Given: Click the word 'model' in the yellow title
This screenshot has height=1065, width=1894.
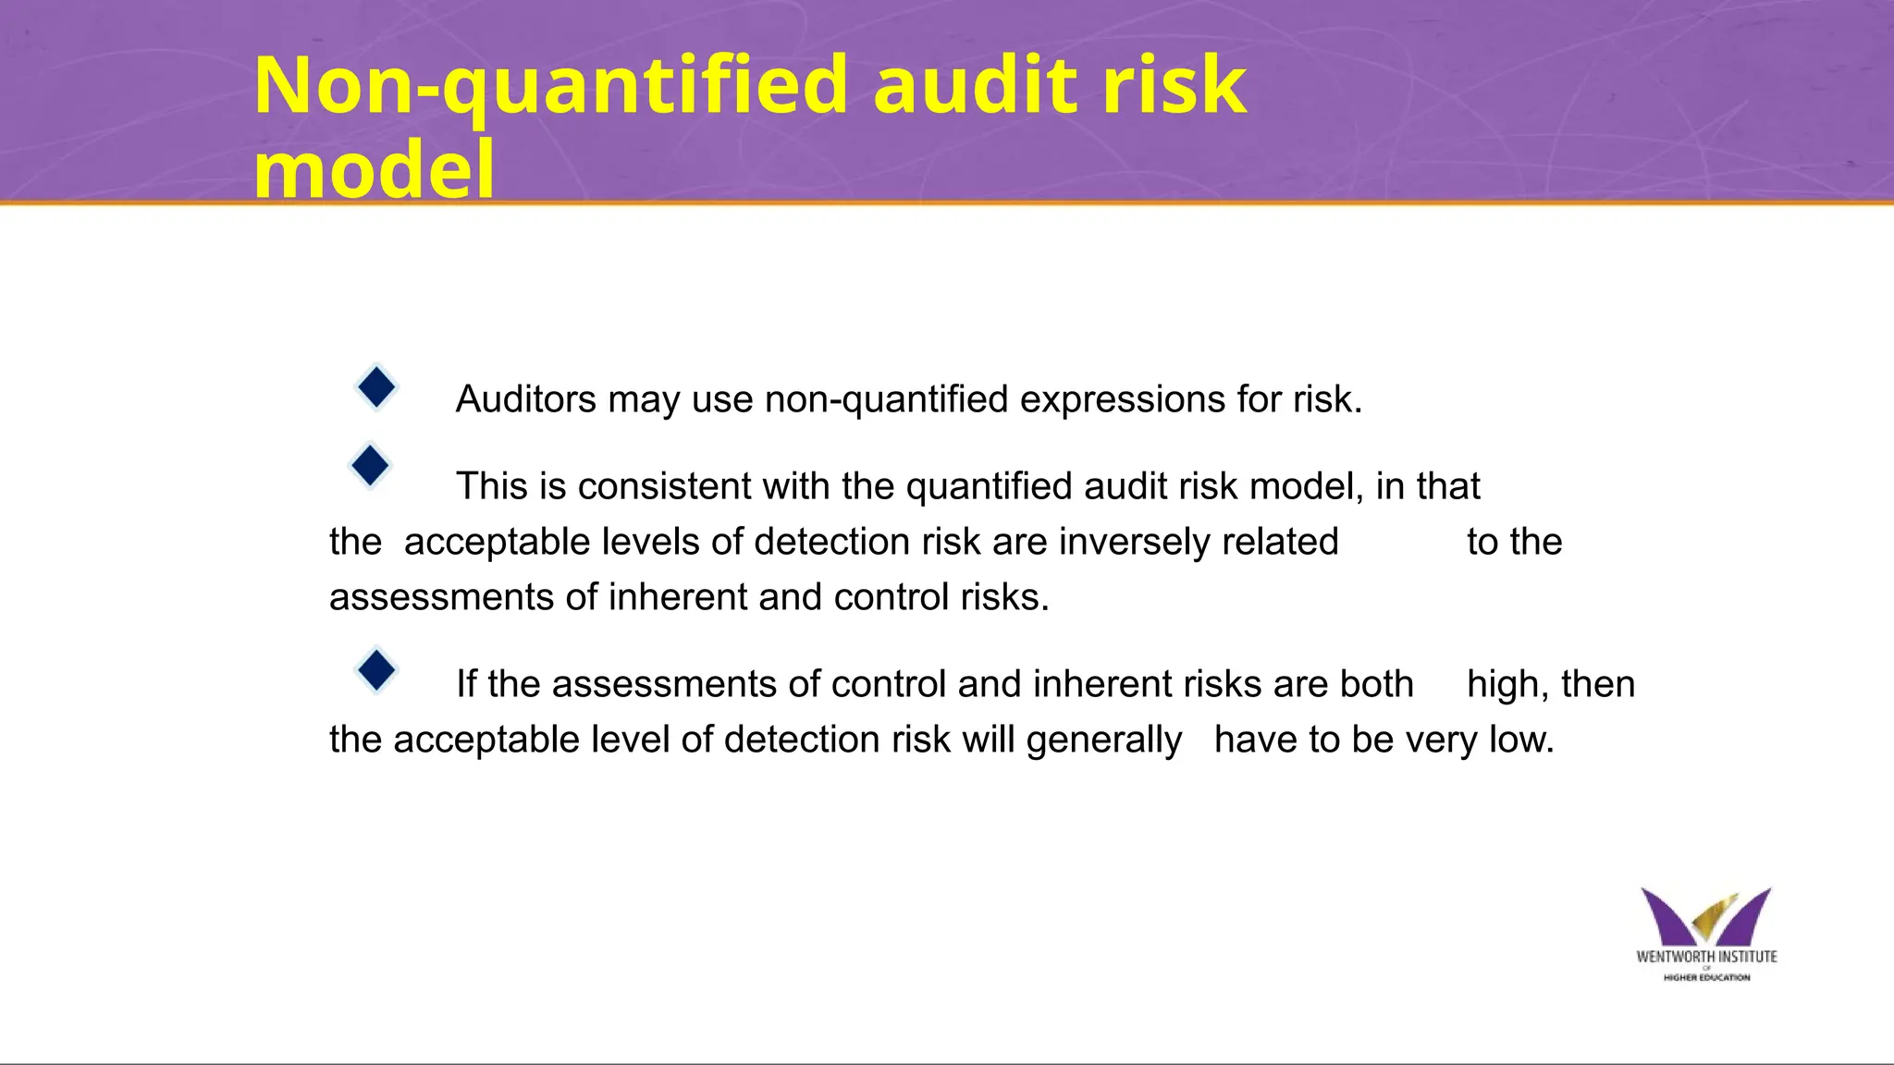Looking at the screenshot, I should point(374,170).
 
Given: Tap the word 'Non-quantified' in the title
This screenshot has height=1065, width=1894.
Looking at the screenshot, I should point(550,85).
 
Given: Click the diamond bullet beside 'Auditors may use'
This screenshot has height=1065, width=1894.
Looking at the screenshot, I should point(376,387).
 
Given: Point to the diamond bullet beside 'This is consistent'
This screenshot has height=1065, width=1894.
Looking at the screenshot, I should point(370,465).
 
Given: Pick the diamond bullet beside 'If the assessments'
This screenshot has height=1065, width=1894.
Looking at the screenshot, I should point(376,670).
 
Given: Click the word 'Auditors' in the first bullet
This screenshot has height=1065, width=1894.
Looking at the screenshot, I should point(526,399).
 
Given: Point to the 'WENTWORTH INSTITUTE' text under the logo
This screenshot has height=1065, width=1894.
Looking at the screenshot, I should point(1706,957).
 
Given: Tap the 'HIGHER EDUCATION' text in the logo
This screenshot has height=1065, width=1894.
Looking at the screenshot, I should point(1706,977).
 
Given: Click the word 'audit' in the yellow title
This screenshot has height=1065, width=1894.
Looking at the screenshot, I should point(974,85).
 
